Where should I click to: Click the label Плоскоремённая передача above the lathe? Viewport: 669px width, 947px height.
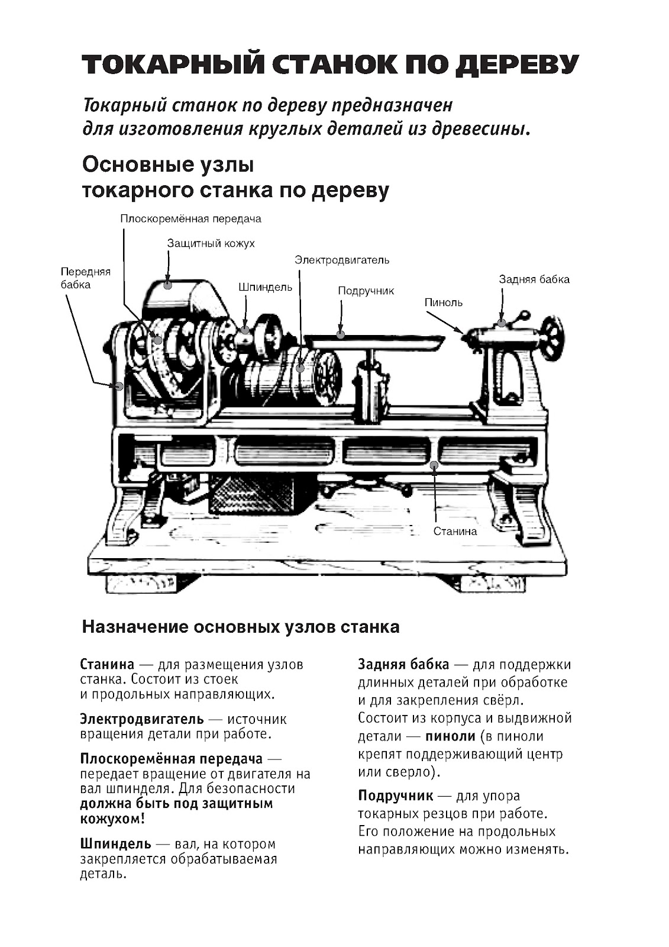coord(190,218)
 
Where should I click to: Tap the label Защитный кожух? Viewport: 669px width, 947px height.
coord(211,243)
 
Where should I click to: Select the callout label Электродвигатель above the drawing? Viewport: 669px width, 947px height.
coord(342,260)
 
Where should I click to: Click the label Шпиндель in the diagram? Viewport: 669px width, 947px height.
coord(265,287)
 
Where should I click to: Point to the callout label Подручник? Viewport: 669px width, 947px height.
coord(366,291)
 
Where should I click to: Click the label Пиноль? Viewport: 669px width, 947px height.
coord(443,302)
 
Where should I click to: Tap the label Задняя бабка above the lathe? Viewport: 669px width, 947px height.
coord(534,279)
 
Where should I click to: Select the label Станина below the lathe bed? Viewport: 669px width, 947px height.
coord(454,531)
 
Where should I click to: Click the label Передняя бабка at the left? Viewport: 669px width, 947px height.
coord(85,278)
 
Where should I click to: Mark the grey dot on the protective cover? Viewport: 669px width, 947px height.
coord(168,285)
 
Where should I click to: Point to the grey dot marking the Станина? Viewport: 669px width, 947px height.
coord(434,465)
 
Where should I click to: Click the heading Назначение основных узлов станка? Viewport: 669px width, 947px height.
coord(240,627)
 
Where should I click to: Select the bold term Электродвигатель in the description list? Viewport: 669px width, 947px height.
coord(142,719)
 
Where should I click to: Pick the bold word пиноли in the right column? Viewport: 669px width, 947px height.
coord(450,736)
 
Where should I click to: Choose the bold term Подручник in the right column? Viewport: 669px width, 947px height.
coord(396,795)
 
